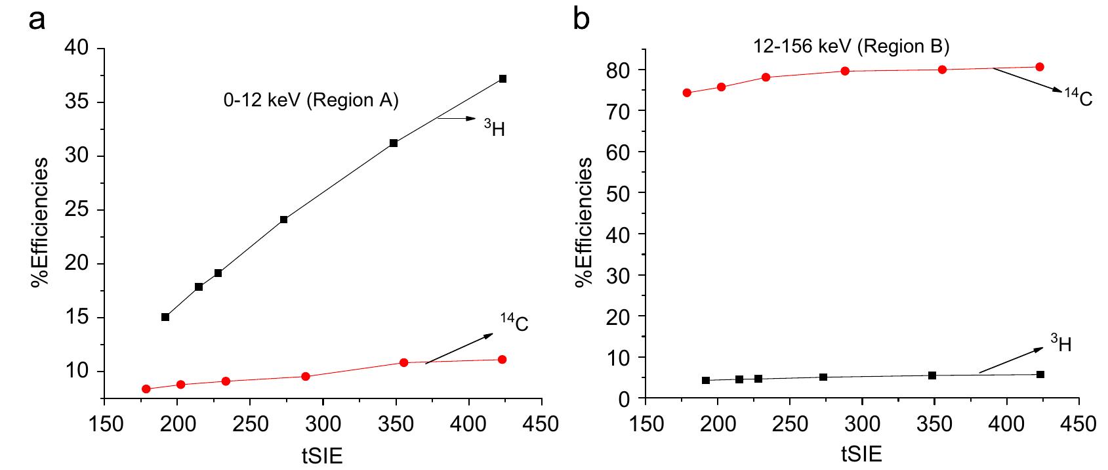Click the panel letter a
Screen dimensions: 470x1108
pos(38,20)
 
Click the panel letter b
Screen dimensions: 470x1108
pos(581,20)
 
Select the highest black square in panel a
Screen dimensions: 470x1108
pos(503,79)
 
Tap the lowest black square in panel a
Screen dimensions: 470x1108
pos(165,317)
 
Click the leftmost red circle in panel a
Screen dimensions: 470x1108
pos(146,389)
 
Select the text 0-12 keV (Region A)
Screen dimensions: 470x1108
pos(310,100)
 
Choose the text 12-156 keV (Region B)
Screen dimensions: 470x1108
pos(850,47)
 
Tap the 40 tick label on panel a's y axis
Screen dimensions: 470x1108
pos(83,49)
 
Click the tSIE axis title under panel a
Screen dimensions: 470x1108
pos(322,456)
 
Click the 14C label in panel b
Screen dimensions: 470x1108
pos(1078,98)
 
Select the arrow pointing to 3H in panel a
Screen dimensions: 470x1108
pos(457,119)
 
